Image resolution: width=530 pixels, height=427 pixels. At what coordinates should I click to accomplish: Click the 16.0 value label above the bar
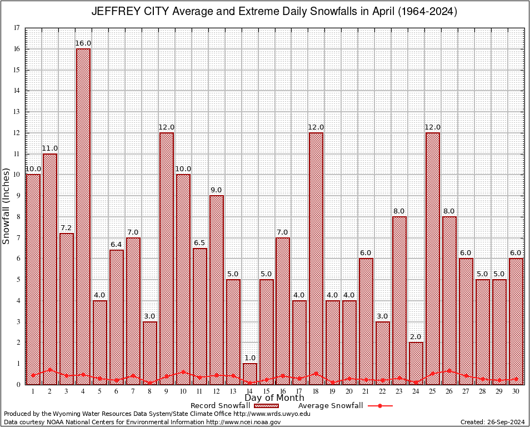[83, 43]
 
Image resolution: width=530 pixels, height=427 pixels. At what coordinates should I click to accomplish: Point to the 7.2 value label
[67, 228]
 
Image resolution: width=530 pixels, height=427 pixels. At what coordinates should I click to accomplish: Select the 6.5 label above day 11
[200, 243]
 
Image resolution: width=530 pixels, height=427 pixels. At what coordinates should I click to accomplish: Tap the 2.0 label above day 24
[416, 337]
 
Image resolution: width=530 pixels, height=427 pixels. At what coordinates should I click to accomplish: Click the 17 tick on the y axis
[17, 28]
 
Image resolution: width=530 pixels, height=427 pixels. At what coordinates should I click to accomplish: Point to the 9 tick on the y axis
[18, 196]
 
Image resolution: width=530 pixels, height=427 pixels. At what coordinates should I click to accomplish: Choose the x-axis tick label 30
[516, 391]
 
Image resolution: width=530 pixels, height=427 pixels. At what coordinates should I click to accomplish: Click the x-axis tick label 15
[267, 391]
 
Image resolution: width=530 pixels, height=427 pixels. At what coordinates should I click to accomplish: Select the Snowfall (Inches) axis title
[7, 206]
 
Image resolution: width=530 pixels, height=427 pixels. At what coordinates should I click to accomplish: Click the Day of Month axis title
[274, 398]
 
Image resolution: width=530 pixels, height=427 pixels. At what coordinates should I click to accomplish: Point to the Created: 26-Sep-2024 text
[492, 422]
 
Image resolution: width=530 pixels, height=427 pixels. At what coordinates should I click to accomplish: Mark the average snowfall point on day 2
[50, 369]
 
